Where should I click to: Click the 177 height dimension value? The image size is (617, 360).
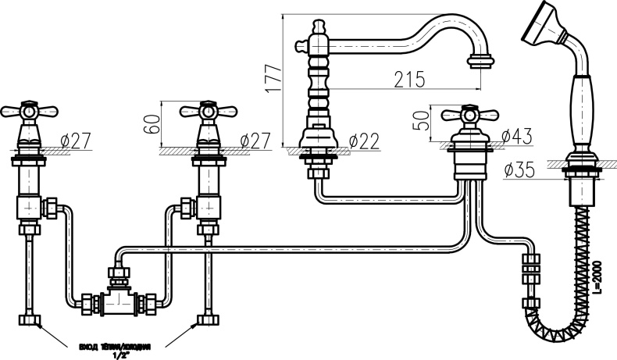click(x=271, y=79)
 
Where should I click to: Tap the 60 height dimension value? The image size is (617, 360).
click(x=153, y=124)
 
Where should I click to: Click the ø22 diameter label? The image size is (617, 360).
click(x=363, y=141)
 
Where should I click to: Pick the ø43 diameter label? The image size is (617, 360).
click(x=515, y=136)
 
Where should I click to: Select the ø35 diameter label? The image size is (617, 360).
click(x=519, y=169)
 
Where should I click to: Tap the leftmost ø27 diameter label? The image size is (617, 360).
click(x=76, y=141)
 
